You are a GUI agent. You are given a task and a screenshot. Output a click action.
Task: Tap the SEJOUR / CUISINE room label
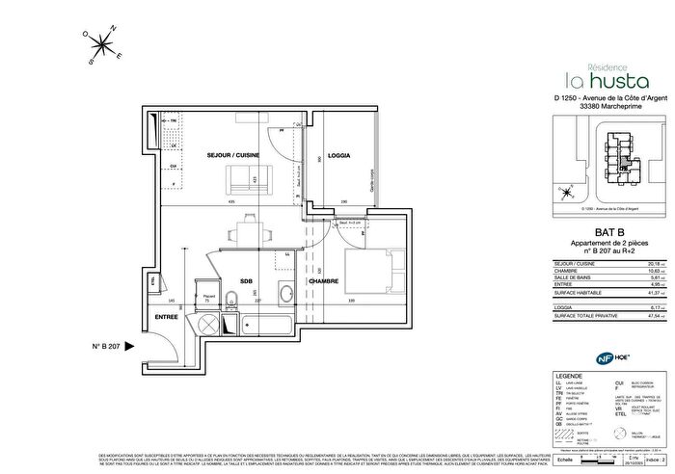point(233,155)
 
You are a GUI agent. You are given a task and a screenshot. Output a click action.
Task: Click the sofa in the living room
point(247,180)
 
